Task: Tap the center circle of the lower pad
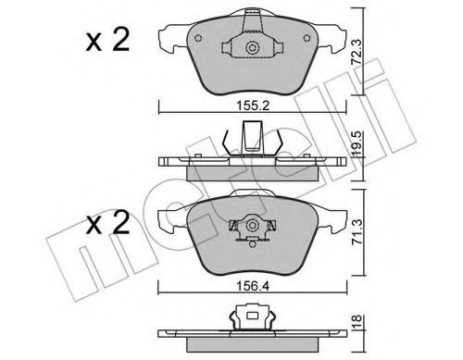point(251,225)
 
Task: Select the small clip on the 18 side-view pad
point(251,318)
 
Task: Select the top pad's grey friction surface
point(208,56)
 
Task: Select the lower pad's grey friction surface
point(208,236)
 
